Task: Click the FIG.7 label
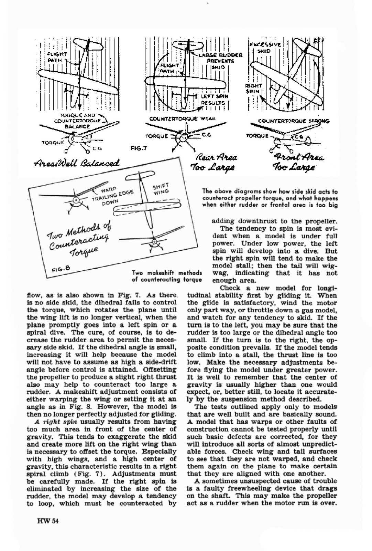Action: [x=139, y=148]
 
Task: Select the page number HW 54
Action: [x=48, y=521]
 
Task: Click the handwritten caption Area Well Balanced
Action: [x=77, y=163]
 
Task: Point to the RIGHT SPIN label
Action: [x=254, y=88]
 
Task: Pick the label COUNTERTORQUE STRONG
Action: [x=293, y=121]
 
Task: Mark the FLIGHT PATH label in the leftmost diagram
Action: [x=57, y=57]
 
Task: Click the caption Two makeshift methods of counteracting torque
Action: [x=167, y=276]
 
